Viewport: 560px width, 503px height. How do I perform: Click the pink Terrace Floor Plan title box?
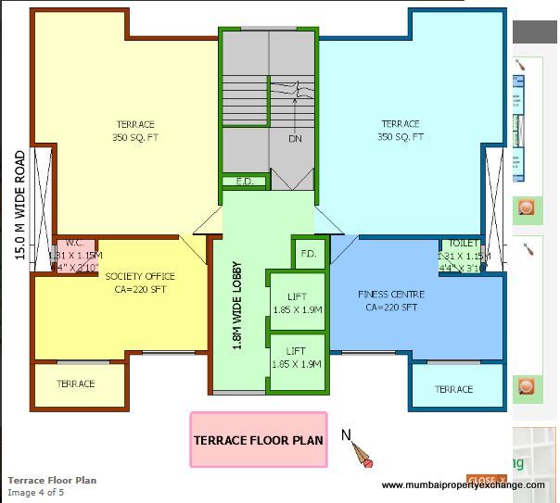pos(259,439)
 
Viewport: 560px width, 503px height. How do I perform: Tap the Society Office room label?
pos(140,283)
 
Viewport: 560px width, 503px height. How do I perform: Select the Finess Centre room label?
pos(388,301)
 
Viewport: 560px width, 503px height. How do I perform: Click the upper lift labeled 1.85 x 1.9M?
pos(297,303)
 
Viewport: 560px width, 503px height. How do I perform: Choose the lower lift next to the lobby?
pos(297,358)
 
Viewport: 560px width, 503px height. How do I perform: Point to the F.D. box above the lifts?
pos(309,253)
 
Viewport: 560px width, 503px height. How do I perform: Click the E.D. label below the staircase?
pos(245,182)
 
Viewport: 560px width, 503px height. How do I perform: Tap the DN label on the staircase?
pos(295,139)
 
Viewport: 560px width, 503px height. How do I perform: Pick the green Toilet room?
pos(463,256)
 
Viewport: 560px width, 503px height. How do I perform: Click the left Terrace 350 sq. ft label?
pos(135,131)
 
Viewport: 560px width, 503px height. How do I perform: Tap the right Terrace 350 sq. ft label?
pos(400,131)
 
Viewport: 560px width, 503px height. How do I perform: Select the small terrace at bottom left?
pos(76,384)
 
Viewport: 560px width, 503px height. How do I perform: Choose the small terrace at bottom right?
pos(453,389)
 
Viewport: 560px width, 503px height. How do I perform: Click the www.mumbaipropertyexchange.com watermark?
pos(463,485)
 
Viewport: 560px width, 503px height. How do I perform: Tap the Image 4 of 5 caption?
pos(36,492)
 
